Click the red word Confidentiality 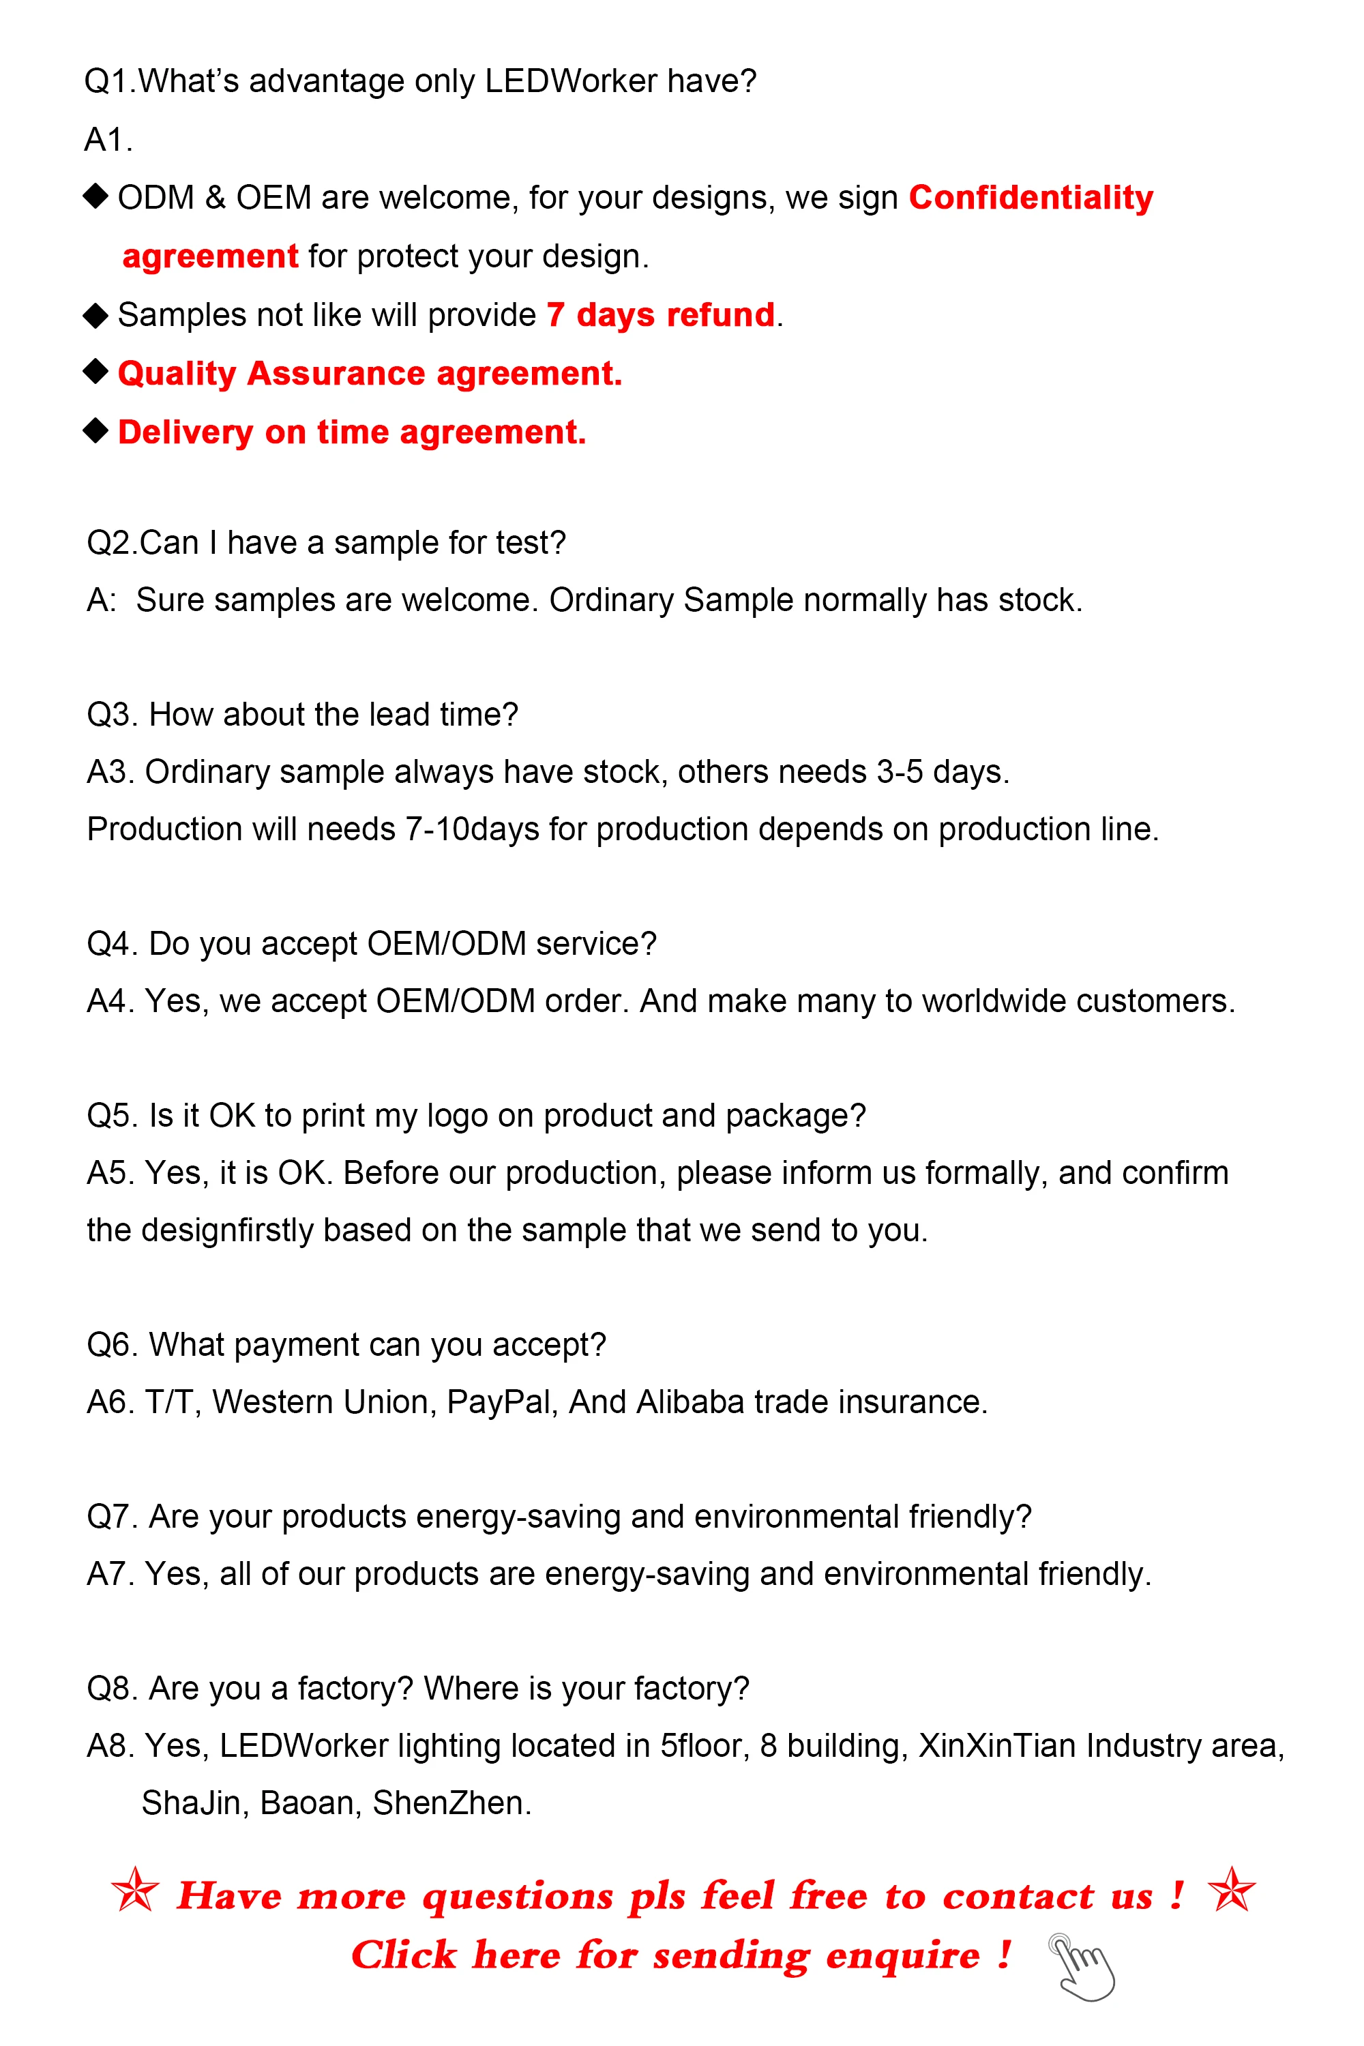point(1031,198)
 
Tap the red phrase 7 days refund point(660,315)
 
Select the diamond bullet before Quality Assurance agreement point(95,372)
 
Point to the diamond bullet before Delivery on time point(95,430)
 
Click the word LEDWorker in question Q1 point(571,81)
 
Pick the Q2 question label point(111,543)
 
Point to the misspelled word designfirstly point(228,1230)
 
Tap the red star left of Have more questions point(136,1891)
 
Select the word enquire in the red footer point(902,1955)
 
